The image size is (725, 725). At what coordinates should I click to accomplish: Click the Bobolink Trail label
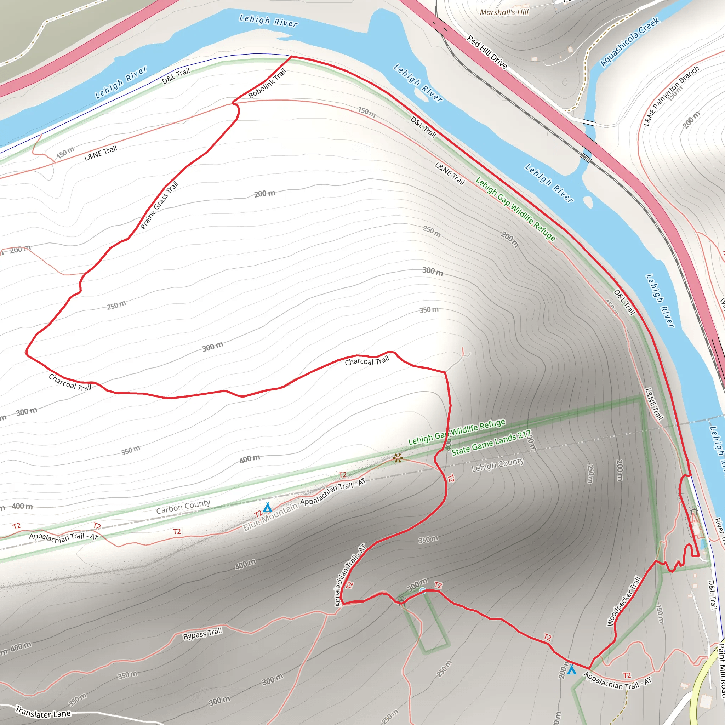point(267,84)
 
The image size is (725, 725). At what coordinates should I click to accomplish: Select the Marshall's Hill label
point(504,12)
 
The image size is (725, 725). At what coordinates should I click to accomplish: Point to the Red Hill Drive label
point(487,52)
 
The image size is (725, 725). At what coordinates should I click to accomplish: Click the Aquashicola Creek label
point(630,42)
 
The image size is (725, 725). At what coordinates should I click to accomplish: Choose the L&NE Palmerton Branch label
point(671,96)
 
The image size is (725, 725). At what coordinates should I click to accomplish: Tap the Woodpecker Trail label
point(624,601)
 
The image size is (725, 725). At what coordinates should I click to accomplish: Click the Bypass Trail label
point(202,634)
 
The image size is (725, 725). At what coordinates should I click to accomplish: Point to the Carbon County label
point(183,507)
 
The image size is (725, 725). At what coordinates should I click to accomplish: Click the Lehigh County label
point(498,464)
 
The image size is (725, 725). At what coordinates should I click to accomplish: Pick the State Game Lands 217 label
point(491,443)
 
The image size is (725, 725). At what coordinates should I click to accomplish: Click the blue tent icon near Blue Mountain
point(267,508)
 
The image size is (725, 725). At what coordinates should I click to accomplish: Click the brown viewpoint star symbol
point(398,458)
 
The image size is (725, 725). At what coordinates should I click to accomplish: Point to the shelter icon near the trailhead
point(694,510)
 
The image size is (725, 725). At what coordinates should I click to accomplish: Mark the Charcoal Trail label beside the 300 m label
point(70,382)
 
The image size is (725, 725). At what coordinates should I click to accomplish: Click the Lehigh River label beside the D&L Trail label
point(121,82)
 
